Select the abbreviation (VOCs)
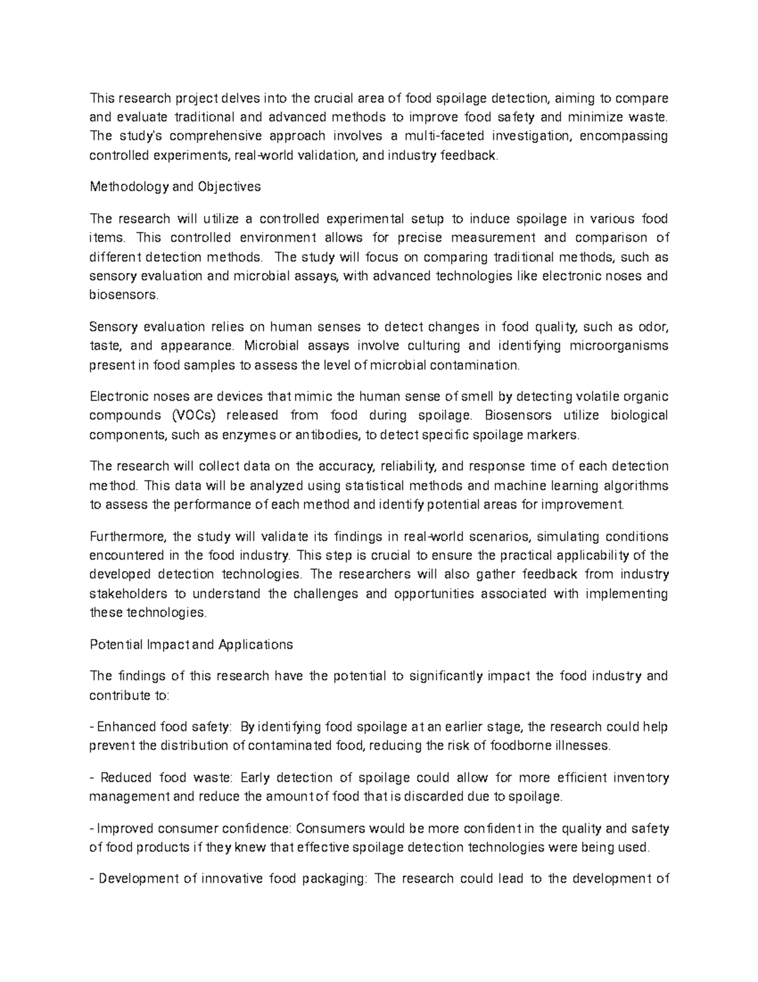pyautogui.click(x=195, y=415)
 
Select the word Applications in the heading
pyautogui.click(x=255, y=645)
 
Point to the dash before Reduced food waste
pyautogui.click(x=92, y=778)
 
